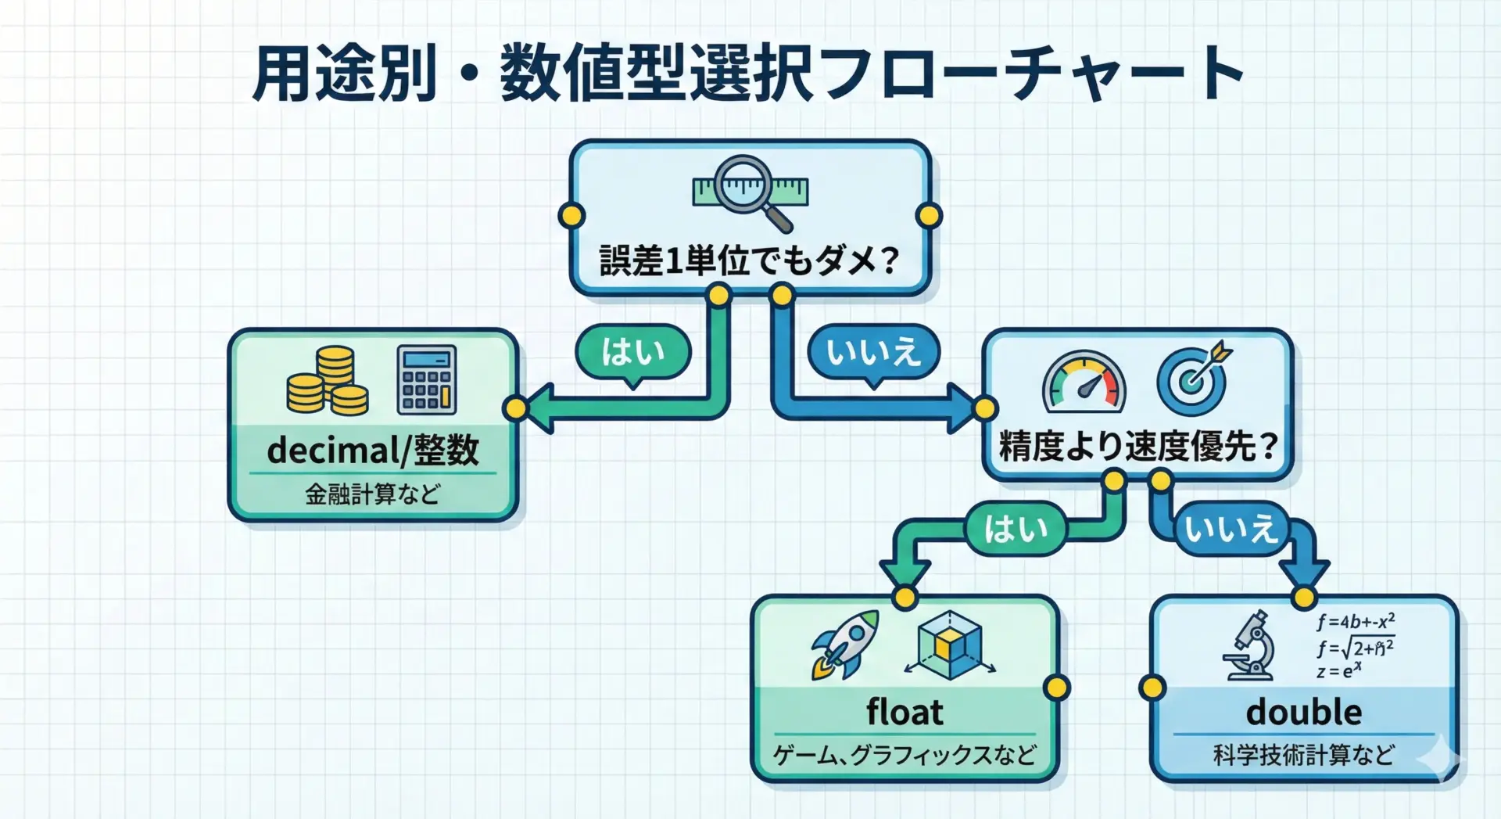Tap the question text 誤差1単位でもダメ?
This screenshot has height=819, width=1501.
(749, 260)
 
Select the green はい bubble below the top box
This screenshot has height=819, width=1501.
(633, 352)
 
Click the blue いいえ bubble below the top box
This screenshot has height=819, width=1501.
(873, 352)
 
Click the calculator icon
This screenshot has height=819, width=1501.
(426, 379)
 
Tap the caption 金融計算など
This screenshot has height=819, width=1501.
(373, 494)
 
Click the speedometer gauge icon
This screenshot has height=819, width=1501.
(1084, 382)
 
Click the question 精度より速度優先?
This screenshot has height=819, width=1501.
(1137, 447)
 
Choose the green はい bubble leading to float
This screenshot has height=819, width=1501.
(1016, 529)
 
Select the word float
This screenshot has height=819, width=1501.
(905, 713)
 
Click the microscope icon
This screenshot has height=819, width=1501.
(1251, 646)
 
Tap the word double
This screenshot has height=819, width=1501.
(1303, 713)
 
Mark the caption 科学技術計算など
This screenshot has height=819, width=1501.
(1303, 755)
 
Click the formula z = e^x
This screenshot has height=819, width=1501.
(1338, 671)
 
